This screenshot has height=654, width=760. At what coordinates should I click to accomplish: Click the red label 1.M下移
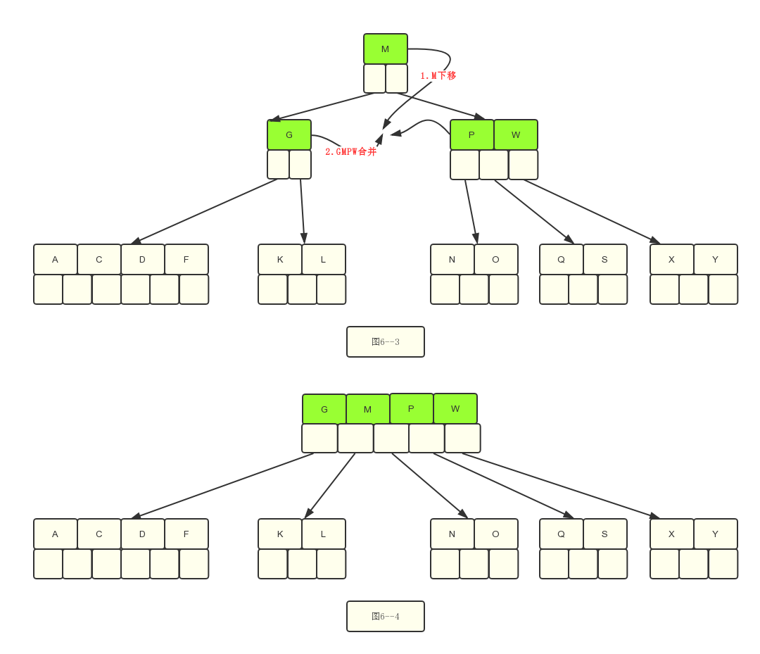point(438,75)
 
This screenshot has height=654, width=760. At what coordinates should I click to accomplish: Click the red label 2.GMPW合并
point(350,151)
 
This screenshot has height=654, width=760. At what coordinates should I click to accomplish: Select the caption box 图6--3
point(386,341)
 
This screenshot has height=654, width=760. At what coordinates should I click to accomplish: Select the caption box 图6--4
point(386,616)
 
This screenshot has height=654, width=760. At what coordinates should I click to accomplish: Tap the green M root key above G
point(385,49)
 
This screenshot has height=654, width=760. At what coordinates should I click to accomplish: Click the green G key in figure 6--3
point(289,134)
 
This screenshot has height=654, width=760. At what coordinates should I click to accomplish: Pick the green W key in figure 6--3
point(516,134)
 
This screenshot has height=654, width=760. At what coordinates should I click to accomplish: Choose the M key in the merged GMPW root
point(368,409)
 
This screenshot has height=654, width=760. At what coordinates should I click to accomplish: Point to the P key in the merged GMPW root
point(411,408)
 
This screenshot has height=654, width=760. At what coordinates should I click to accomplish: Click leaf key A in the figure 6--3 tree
point(56,259)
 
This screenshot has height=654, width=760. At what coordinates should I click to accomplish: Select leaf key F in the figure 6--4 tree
point(186,534)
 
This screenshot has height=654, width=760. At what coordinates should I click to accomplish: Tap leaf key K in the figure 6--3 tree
point(280,259)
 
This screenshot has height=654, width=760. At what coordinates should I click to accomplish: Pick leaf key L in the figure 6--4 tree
point(324,534)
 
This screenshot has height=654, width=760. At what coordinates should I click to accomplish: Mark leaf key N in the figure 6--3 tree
point(452,259)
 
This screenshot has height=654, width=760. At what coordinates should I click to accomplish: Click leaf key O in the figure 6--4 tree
point(496,534)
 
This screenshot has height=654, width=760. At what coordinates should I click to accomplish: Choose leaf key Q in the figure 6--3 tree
point(562,259)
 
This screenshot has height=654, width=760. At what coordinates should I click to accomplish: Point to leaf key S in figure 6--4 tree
point(605,534)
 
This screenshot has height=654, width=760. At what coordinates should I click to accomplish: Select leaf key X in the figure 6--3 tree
point(672,259)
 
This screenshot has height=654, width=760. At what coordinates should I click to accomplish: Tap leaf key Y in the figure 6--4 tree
point(716,534)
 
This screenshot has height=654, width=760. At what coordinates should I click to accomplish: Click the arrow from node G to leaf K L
point(303,211)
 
